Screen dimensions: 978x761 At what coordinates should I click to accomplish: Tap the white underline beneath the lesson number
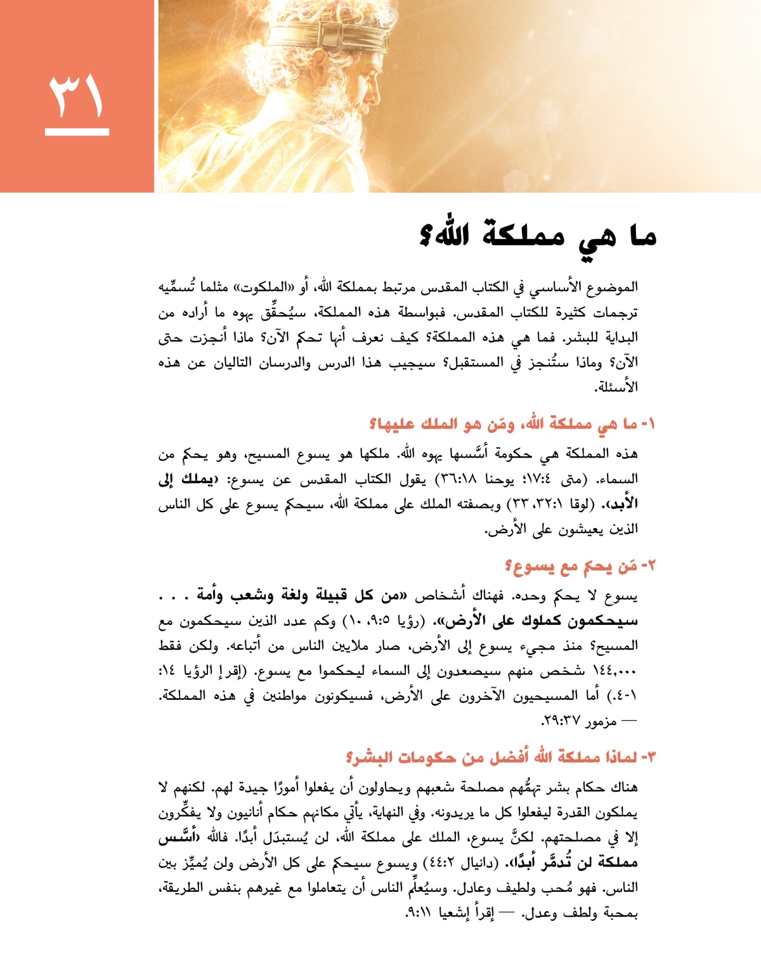click(x=77, y=132)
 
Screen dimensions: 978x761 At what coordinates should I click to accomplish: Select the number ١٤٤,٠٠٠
click(x=615, y=671)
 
